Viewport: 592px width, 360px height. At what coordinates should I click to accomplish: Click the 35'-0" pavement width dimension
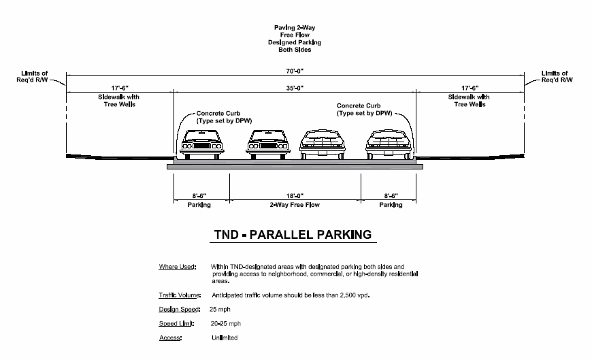[295, 88]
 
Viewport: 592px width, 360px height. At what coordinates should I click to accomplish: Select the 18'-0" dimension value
[295, 195]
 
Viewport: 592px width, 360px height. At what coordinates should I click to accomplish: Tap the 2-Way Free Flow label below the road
[295, 205]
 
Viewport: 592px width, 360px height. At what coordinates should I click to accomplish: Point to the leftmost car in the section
[201, 144]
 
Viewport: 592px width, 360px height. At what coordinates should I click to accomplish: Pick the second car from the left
[270, 144]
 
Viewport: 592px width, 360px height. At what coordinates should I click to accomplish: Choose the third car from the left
[323, 144]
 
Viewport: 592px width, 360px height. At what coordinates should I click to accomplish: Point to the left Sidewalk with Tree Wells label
[117, 101]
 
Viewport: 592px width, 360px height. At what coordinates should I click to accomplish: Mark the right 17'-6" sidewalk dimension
[469, 88]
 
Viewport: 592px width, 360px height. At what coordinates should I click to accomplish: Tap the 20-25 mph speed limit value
[226, 324]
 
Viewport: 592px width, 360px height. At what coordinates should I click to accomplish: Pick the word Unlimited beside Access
[225, 338]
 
